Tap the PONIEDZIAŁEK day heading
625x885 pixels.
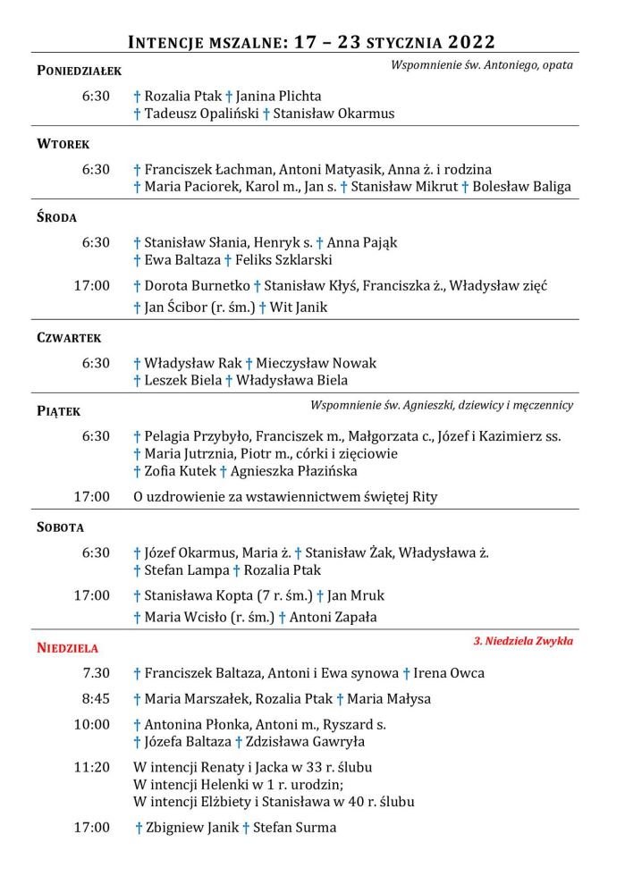[x=79, y=71]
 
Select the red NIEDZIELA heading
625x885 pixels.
[x=68, y=648]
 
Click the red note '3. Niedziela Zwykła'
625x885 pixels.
[x=523, y=641]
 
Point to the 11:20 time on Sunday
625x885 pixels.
[x=91, y=767]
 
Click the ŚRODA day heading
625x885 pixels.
[x=56, y=217]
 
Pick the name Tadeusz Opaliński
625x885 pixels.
[x=201, y=114]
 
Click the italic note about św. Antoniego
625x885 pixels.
[x=482, y=64]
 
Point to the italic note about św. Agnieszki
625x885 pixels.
[x=442, y=405]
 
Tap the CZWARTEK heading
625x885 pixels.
[x=69, y=338]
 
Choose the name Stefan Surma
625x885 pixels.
[x=295, y=828]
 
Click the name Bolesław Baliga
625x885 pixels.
[x=522, y=187]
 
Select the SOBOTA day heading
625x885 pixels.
[x=60, y=527]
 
